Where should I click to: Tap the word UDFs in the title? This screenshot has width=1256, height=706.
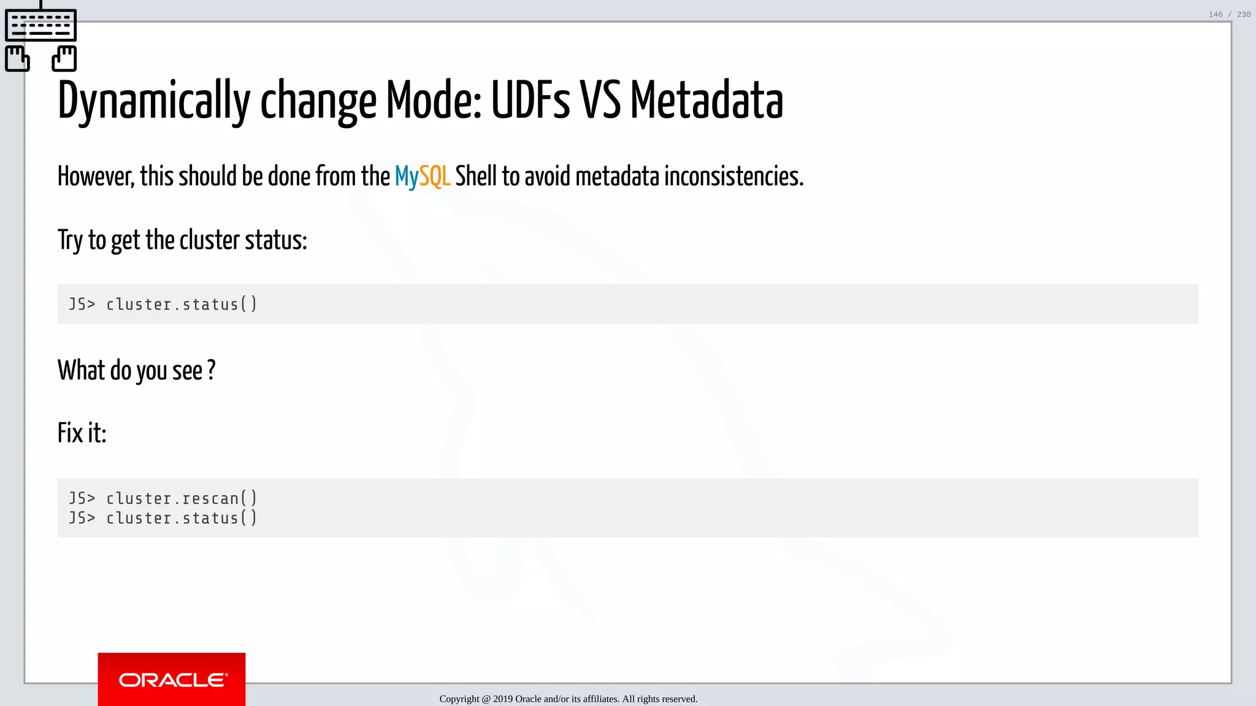530,100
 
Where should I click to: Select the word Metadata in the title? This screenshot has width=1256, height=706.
706,100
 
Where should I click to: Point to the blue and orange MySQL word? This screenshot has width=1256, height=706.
422,176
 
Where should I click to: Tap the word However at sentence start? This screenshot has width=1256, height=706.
96,176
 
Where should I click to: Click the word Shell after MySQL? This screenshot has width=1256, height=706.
476,176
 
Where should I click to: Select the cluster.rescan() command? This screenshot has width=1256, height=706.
182,498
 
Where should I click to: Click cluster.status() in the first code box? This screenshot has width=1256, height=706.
182,304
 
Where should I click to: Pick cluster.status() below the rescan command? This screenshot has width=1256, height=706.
182,518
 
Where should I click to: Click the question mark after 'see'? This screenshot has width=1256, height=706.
211,370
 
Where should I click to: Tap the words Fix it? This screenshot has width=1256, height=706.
82,433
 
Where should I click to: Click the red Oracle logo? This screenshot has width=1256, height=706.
172,679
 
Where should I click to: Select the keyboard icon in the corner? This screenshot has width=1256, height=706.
40,25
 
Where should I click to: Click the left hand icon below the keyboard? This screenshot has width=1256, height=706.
17,59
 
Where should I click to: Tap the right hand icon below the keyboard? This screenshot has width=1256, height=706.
64,59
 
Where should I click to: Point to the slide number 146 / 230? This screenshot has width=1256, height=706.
1229,14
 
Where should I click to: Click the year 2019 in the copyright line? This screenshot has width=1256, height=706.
502,699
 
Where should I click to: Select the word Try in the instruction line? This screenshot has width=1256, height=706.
70,240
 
